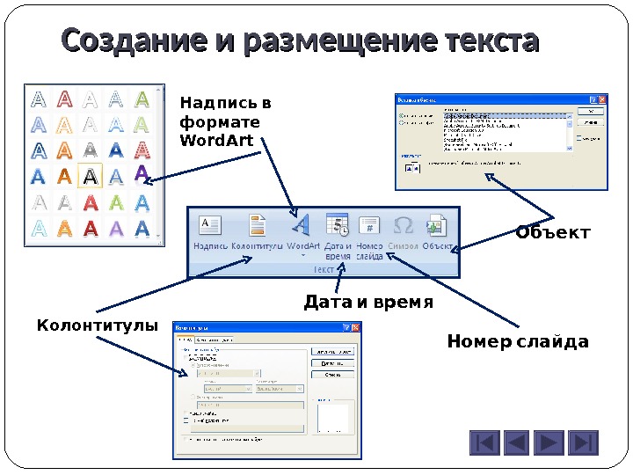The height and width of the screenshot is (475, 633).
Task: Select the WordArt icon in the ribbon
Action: click(x=302, y=225)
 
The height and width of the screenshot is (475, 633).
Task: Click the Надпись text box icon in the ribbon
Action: click(x=210, y=225)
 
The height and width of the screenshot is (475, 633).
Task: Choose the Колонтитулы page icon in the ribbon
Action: click(x=258, y=225)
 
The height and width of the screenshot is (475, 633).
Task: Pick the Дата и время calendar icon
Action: click(x=337, y=225)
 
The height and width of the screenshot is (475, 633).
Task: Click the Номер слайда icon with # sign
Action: click(x=370, y=225)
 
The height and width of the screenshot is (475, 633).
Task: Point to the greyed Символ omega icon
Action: click(x=404, y=225)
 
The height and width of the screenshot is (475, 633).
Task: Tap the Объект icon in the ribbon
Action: click(x=437, y=225)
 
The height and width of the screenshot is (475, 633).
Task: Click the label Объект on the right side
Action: click(x=552, y=233)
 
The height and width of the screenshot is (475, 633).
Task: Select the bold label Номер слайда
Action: click(x=517, y=341)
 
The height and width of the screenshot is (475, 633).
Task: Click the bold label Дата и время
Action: click(x=367, y=303)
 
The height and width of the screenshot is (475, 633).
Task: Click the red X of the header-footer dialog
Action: click(x=356, y=327)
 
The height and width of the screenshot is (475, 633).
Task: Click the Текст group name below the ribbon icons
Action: click(x=324, y=269)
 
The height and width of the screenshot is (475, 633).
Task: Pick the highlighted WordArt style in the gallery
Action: click(x=90, y=176)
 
